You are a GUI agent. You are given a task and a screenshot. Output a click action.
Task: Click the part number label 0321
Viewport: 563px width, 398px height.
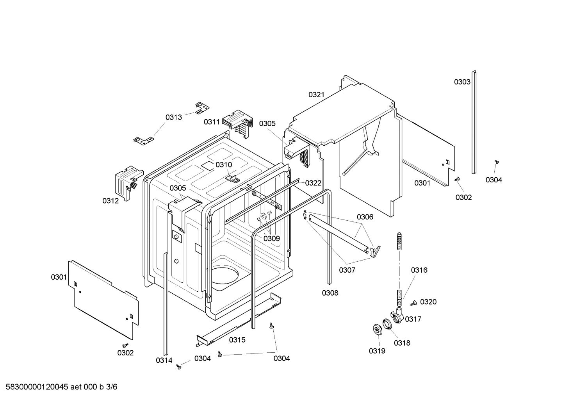coord(316,95)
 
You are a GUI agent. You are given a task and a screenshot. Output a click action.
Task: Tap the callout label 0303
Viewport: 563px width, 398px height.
coord(462,82)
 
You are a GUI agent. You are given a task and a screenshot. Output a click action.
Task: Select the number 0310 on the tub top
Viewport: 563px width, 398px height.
coord(224,165)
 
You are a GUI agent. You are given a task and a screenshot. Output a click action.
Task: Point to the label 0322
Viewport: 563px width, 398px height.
coord(313,183)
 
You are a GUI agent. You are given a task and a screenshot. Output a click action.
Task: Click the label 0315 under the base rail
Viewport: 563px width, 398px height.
coord(237,340)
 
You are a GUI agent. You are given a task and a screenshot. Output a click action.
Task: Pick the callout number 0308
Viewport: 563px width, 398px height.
coord(330,293)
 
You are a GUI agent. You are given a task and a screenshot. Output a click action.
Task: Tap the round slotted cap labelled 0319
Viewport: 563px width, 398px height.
coord(377,330)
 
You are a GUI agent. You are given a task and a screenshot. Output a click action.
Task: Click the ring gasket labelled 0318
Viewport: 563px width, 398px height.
coord(387,324)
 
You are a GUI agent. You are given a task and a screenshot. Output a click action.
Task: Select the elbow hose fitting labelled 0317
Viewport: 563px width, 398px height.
coord(396,315)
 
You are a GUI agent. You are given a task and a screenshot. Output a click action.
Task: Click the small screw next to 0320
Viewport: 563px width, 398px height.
coord(413,303)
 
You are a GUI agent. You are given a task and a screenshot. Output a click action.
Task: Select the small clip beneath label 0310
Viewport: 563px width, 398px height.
coord(233,178)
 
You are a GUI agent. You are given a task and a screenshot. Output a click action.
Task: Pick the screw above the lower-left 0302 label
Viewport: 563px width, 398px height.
coord(125,345)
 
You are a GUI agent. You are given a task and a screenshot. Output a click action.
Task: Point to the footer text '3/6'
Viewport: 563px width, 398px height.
coord(111,387)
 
